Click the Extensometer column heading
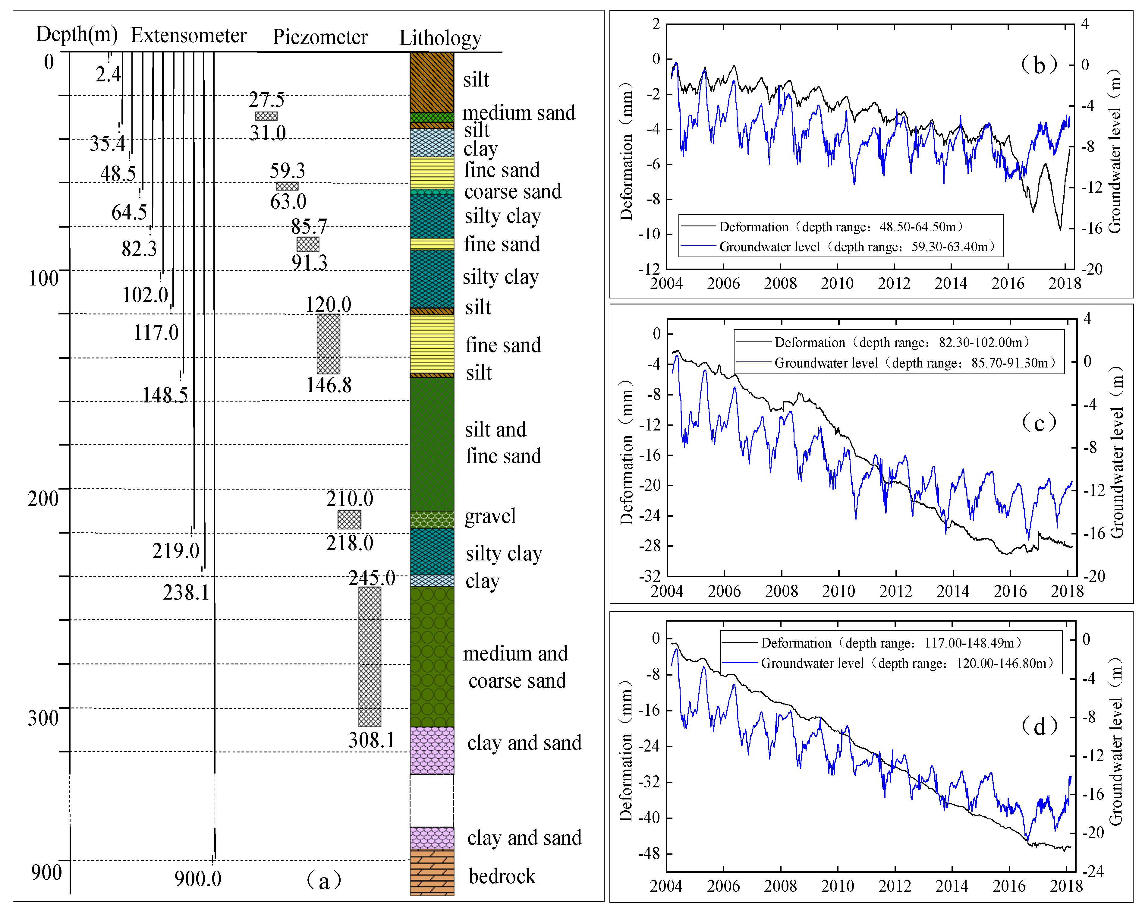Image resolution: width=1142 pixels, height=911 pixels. tap(189, 36)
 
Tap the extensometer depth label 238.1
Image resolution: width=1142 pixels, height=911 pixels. tap(186, 592)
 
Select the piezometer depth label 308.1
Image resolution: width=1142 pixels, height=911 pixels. tap(371, 740)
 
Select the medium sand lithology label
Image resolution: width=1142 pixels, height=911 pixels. tap(519, 113)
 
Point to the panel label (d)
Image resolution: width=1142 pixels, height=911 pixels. tap(1039, 726)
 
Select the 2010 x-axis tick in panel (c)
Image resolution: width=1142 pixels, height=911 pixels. tap(838, 591)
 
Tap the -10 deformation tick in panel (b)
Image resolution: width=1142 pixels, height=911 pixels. tap(650, 234)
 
